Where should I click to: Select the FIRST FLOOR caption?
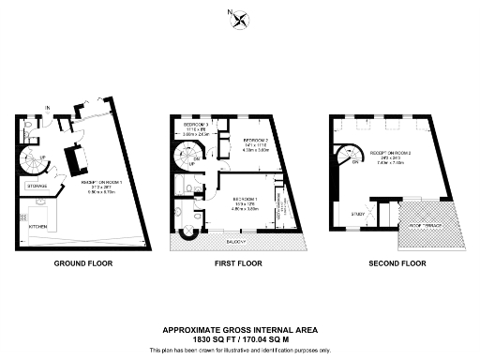pyautogui.click(x=240, y=263)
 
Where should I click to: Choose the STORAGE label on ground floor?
pyautogui.click(x=37, y=187)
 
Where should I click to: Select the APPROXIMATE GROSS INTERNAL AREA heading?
pyautogui.click(x=240, y=329)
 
